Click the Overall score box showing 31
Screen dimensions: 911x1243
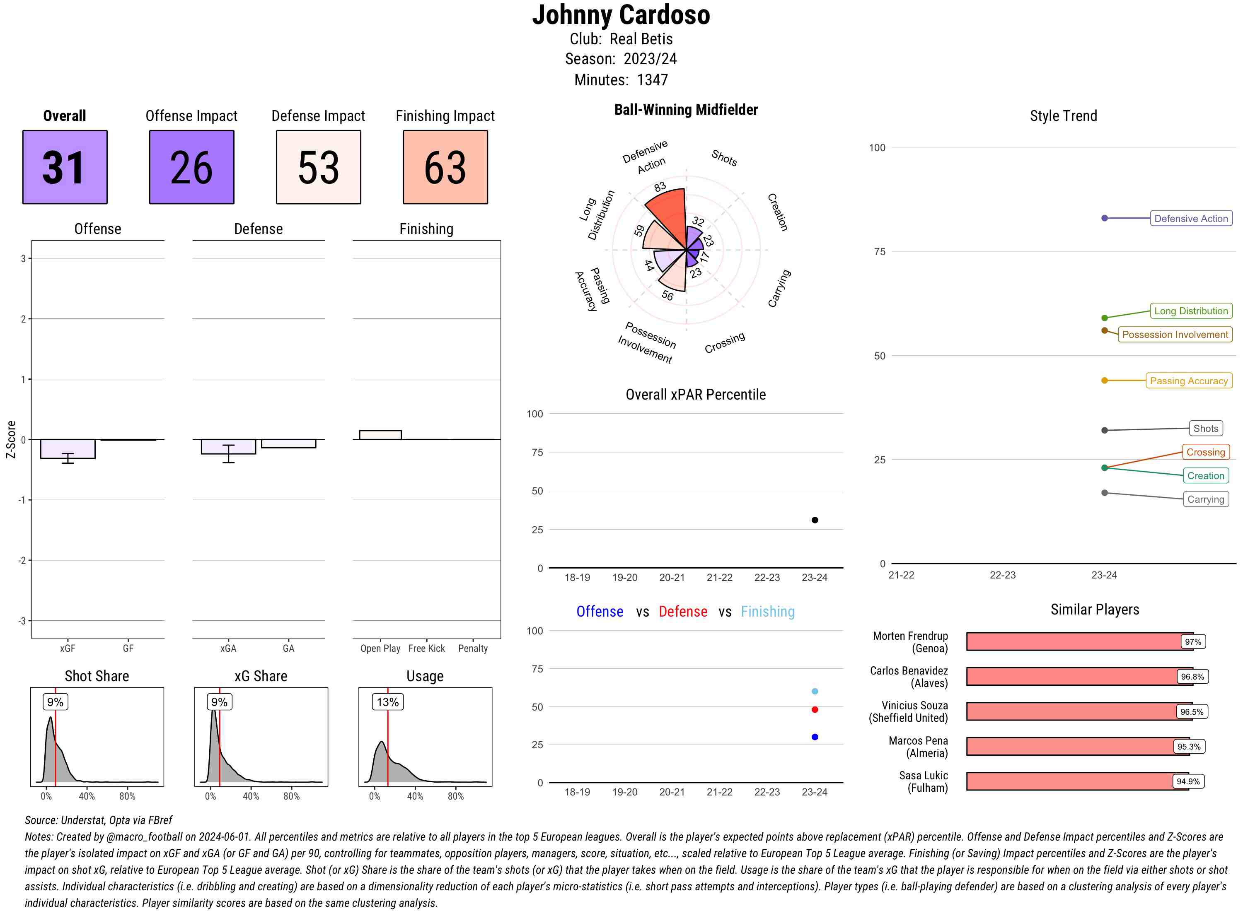pyautogui.click(x=65, y=167)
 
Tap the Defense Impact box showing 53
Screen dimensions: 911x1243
pyautogui.click(x=318, y=167)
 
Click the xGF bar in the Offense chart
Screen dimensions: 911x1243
pyautogui.click(x=67, y=449)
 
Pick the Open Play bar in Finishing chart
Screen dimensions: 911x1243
pyautogui.click(x=380, y=435)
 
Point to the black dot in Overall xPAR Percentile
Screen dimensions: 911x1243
pyautogui.click(x=814, y=520)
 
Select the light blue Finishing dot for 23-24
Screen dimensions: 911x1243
pyautogui.click(x=814, y=691)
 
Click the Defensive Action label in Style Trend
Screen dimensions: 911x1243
pyautogui.click(x=1191, y=218)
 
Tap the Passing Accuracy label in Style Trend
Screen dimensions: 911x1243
pyautogui.click(x=1188, y=381)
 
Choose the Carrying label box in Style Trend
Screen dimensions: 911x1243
pyautogui.click(x=1205, y=499)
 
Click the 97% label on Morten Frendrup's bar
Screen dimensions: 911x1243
pyautogui.click(x=1192, y=642)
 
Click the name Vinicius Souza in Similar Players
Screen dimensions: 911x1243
pyautogui.click(x=914, y=705)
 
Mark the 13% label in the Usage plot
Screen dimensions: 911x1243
pyautogui.click(x=387, y=702)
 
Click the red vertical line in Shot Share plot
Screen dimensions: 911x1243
pyautogui.click(x=56, y=750)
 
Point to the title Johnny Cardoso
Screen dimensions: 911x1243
pyautogui.click(x=621, y=15)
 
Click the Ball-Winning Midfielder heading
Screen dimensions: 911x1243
pyautogui.click(x=686, y=110)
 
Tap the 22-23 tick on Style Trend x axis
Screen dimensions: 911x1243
pyautogui.click(x=1002, y=575)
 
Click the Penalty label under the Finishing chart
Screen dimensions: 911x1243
pyautogui.click(x=473, y=648)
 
